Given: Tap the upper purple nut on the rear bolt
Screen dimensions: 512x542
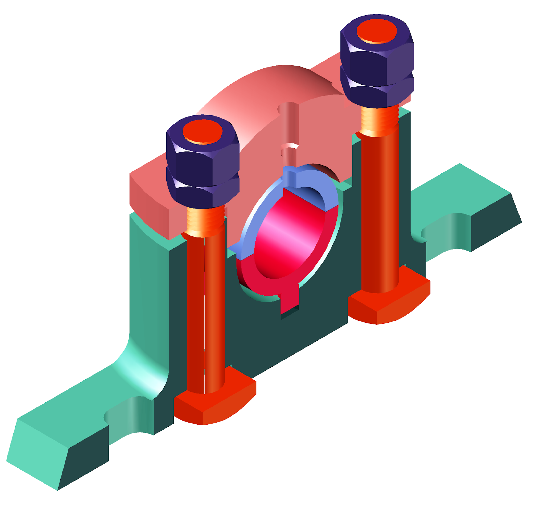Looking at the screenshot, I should [376, 58].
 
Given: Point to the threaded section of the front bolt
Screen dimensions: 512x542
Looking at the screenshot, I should [205, 222].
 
